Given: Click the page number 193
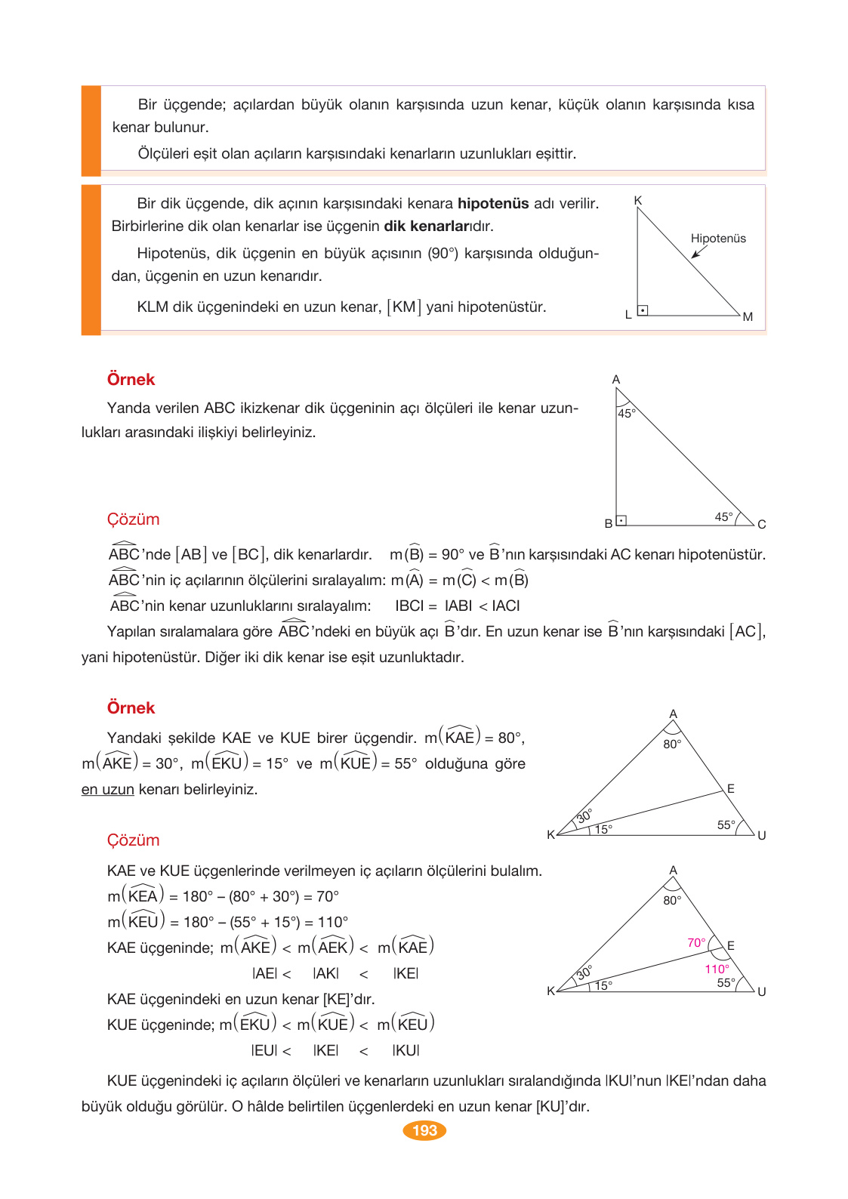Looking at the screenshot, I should [x=424, y=1130].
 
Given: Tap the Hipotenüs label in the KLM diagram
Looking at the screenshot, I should [x=717, y=239].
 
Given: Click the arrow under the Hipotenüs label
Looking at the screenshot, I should [x=699, y=252].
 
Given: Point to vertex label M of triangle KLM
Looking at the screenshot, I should [x=748, y=317].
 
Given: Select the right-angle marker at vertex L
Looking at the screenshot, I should [x=643, y=310].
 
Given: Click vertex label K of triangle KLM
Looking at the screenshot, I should [x=638, y=201].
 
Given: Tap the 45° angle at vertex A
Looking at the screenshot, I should [x=626, y=413].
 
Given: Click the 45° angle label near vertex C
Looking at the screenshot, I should [x=723, y=517].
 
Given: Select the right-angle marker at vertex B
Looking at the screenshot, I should [x=621, y=520].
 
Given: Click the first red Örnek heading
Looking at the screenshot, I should [x=131, y=380].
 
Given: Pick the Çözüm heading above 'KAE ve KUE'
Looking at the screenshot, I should [x=133, y=840].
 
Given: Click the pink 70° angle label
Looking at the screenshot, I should [x=696, y=943].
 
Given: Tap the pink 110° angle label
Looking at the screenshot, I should [x=717, y=969].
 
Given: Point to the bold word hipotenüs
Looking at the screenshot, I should [x=493, y=204].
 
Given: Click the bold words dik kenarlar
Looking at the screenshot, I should [x=427, y=227].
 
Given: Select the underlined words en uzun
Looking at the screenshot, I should [x=107, y=790].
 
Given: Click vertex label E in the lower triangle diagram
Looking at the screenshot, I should [x=730, y=946].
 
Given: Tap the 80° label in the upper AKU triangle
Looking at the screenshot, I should [x=672, y=744].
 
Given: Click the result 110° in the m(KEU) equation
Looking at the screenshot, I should [x=332, y=923].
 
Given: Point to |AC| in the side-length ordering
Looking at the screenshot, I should [x=505, y=606].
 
